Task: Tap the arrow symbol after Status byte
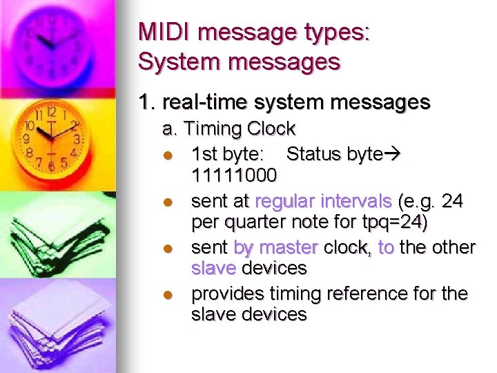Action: click(x=394, y=154)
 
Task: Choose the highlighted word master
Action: click(x=288, y=247)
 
